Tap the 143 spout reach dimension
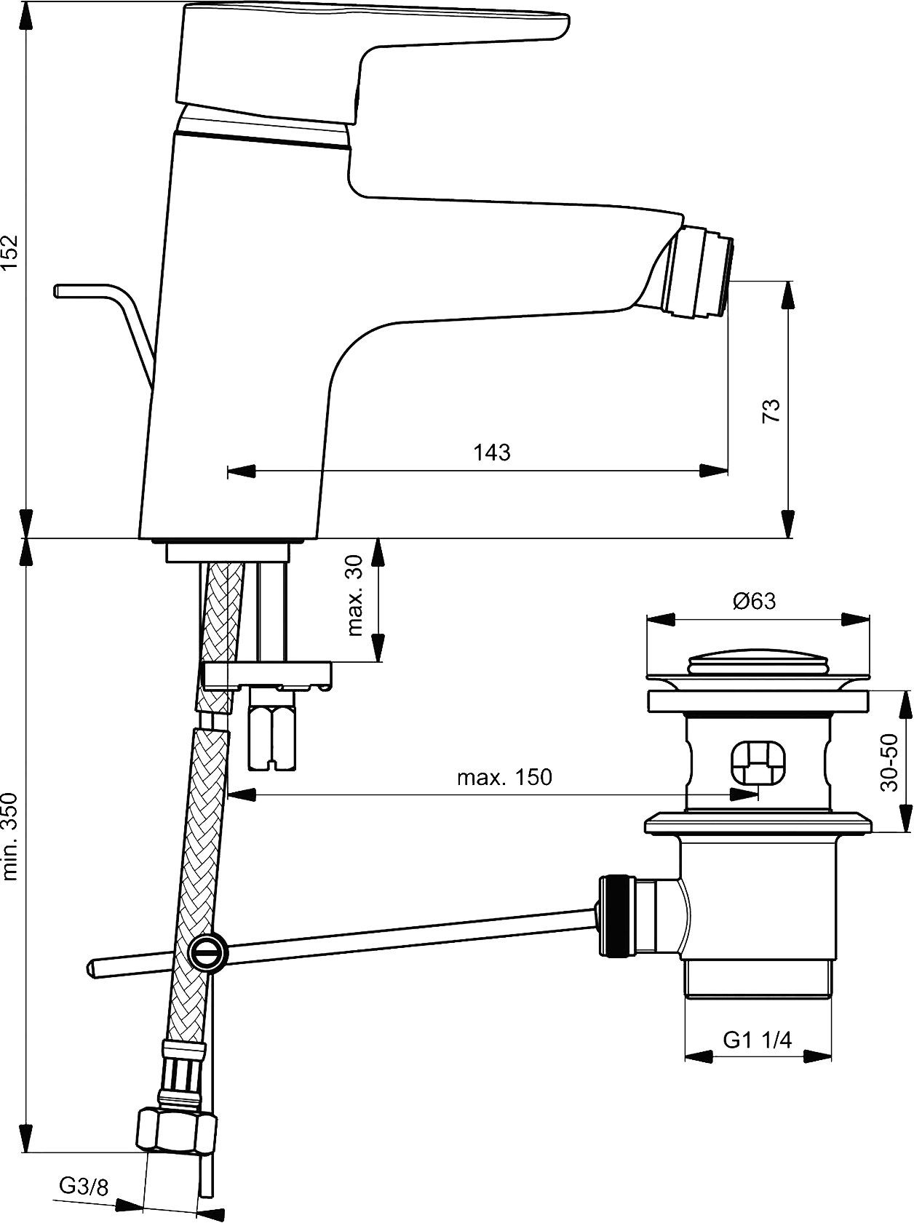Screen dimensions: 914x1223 tap(492, 452)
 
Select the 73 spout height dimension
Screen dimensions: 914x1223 tap(771, 411)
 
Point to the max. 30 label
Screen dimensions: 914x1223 tap(354, 595)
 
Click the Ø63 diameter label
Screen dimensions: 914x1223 tap(755, 601)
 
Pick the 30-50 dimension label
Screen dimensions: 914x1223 tap(889, 762)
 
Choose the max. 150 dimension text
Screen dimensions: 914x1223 tap(504, 777)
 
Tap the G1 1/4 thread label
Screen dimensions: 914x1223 tap(757, 1040)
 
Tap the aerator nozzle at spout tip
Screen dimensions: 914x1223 tap(700, 272)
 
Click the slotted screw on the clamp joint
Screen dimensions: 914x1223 tap(209, 952)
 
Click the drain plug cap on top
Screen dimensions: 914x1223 tap(758, 664)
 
